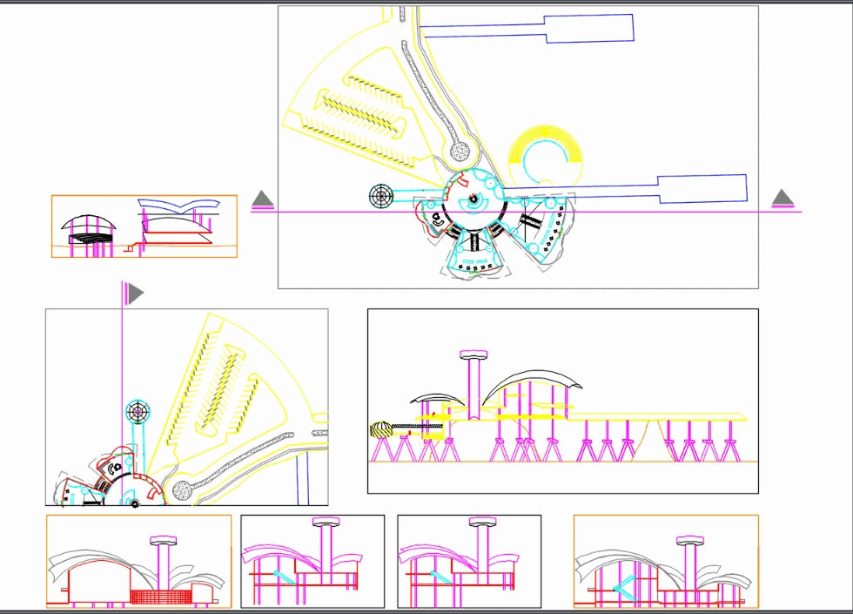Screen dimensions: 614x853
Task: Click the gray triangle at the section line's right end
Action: point(783,199)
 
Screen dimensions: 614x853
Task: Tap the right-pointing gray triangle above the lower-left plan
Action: point(135,294)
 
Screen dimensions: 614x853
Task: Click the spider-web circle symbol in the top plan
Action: point(380,196)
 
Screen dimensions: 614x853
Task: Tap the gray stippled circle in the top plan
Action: point(461,152)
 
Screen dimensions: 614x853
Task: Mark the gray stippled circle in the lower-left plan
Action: point(182,490)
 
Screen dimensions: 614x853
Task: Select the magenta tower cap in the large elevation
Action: point(474,354)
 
